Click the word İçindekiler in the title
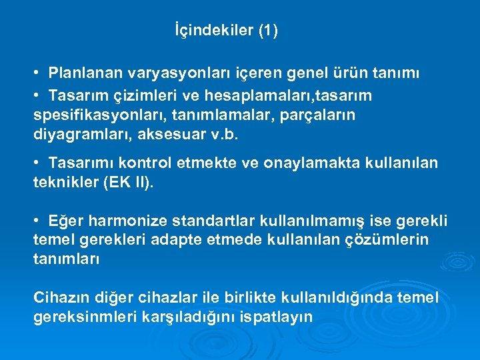pos(213,31)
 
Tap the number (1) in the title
pos(267,31)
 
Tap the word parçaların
pos(322,115)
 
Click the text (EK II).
pos(129,182)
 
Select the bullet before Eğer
pos(41,221)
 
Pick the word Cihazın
pos(59,299)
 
